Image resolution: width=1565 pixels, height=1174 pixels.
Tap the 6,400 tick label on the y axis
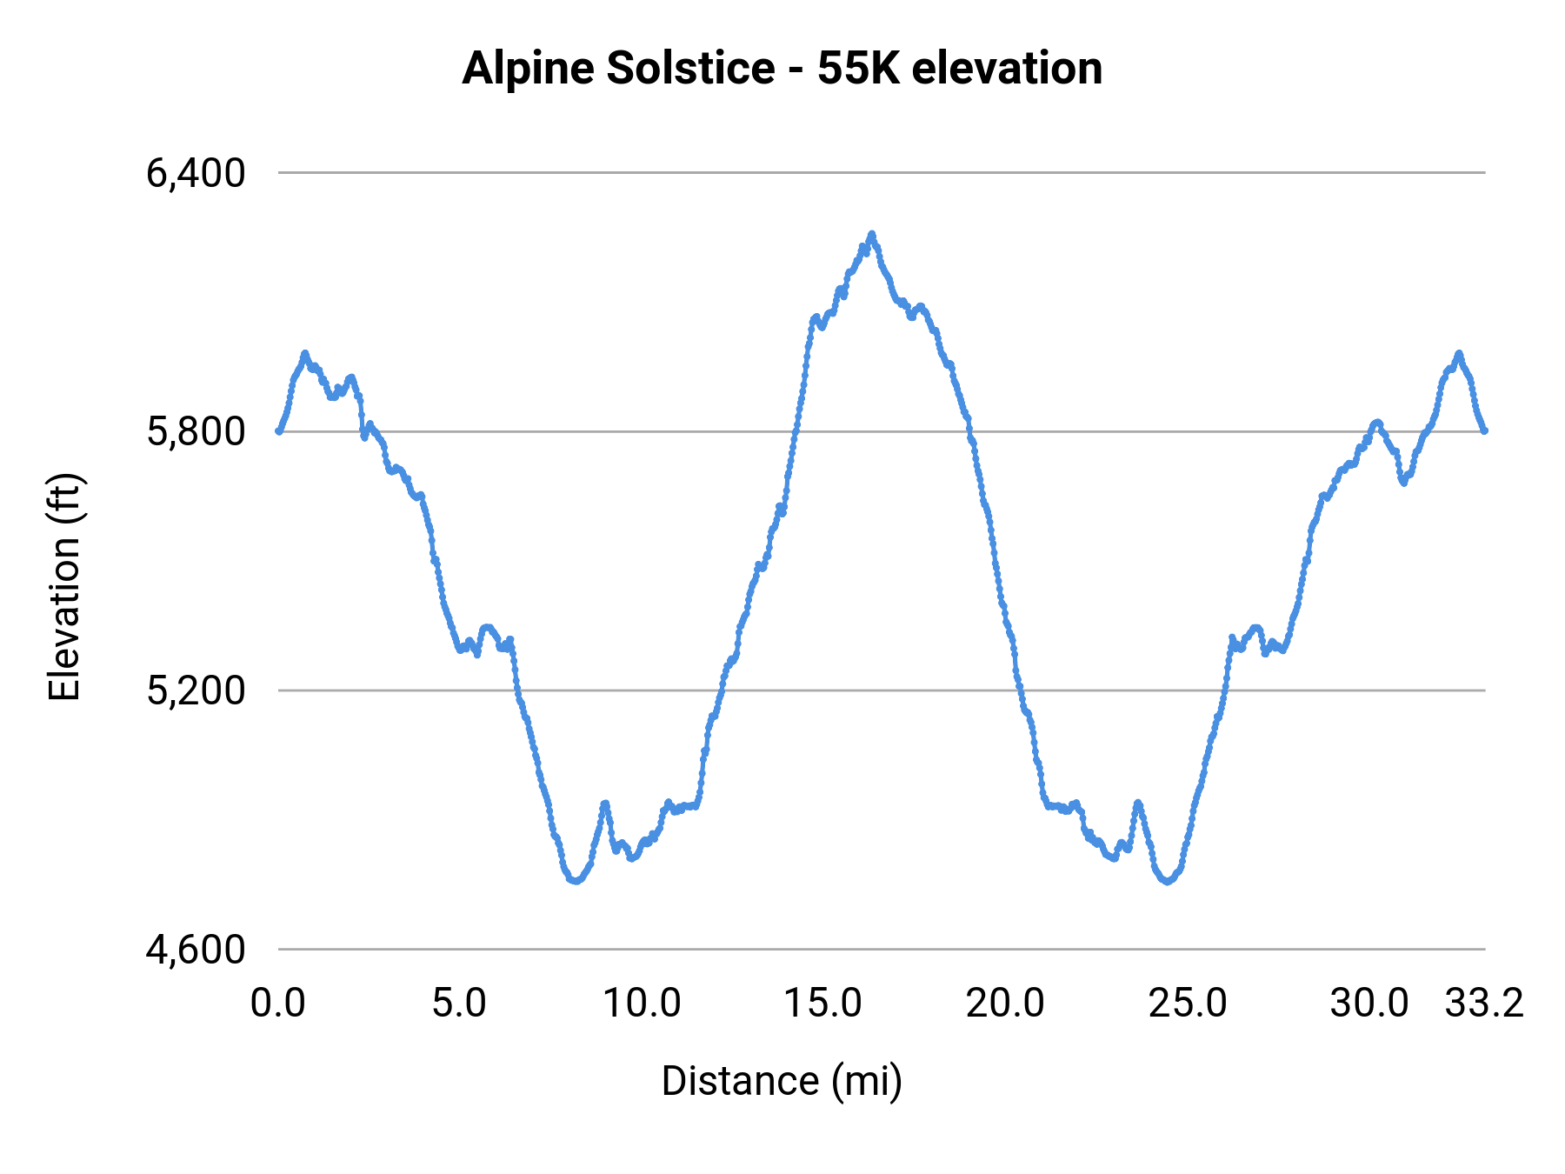196,173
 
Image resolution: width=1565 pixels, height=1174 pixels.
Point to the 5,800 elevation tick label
196,431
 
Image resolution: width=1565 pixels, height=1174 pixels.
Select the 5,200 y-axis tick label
196,690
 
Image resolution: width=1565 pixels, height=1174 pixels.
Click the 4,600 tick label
196,950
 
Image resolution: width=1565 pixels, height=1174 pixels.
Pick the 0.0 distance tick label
278,1004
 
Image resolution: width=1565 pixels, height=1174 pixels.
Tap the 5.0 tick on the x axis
460,1004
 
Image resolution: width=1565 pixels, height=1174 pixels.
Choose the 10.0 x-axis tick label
642,1004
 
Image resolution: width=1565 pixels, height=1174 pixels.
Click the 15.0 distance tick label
823,1004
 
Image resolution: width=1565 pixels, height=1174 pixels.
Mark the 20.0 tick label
1005,1004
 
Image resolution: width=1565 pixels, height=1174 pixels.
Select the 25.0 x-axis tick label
1188,1004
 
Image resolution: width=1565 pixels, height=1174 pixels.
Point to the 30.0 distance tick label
1369,1004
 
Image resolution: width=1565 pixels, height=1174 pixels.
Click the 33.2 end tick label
1484,1004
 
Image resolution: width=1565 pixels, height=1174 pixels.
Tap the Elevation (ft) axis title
64,587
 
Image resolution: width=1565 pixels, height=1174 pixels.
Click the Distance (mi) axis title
782,1081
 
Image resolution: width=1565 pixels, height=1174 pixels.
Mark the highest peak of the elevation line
871,234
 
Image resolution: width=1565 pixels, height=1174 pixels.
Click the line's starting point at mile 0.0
278,430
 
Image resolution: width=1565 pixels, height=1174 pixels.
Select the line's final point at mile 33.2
1485,430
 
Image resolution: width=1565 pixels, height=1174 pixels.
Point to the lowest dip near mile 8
576,881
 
